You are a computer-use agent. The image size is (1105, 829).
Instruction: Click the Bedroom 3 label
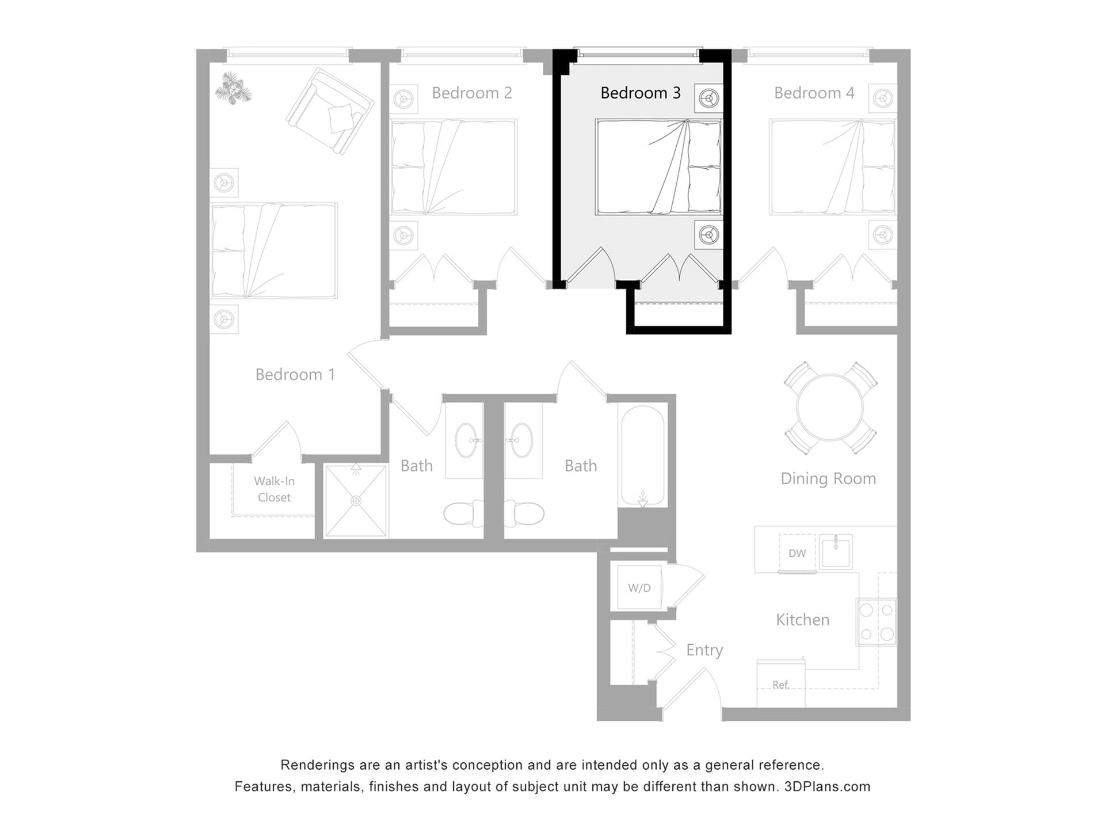tap(640, 93)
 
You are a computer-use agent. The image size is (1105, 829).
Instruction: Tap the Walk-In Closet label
tap(274, 489)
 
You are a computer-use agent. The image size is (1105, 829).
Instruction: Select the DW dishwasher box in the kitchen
tap(797, 553)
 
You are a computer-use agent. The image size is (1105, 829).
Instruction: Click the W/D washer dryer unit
tap(639, 588)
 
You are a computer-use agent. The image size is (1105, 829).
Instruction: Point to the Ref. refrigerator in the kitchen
tap(780, 684)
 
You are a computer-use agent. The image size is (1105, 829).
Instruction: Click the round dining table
tap(830, 407)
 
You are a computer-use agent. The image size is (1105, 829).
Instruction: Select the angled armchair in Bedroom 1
tap(330, 111)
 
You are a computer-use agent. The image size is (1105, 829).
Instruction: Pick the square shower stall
tap(356, 501)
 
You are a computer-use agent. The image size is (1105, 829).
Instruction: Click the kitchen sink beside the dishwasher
tap(836, 552)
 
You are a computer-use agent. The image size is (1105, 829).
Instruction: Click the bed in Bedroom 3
tap(658, 167)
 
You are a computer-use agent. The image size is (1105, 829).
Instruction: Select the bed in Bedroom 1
tap(274, 250)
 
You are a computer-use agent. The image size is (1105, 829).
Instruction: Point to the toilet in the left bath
tap(464, 514)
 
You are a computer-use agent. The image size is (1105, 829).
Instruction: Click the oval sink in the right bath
tap(522, 440)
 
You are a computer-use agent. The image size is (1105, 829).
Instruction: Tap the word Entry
tap(704, 650)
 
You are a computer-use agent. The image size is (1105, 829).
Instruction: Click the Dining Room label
tap(828, 478)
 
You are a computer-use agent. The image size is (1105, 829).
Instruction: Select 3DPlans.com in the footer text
tap(827, 786)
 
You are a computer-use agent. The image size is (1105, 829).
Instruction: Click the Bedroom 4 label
tap(814, 93)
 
